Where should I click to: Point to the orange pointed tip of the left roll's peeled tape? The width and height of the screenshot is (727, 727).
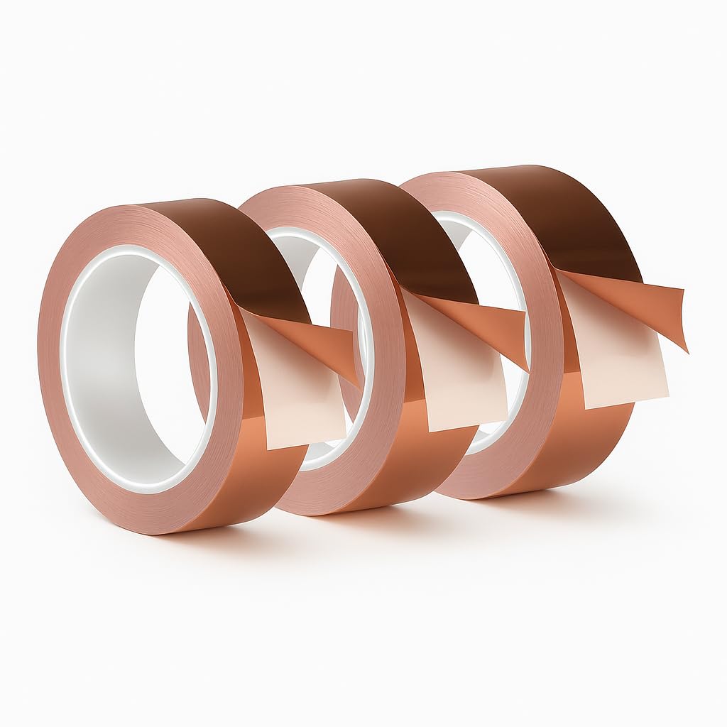[x=355, y=380]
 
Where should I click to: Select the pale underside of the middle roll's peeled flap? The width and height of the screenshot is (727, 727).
[x=454, y=383]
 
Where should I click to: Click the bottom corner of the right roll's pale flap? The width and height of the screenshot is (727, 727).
[x=586, y=408]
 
